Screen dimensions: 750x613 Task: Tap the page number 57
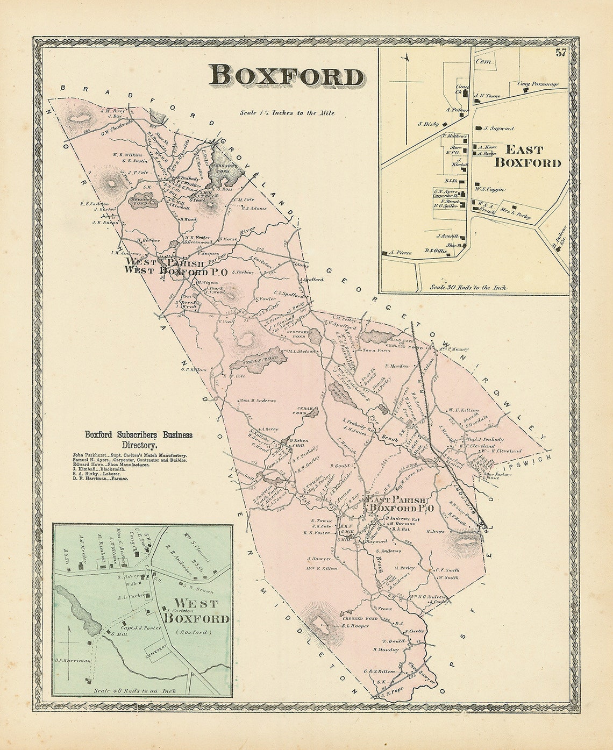[561, 53]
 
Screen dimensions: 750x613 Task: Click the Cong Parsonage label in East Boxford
[538, 84]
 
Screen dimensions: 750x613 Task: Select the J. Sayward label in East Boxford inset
[499, 128]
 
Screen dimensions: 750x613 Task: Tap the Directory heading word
[139, 445]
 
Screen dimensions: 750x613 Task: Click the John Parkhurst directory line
[129, 455]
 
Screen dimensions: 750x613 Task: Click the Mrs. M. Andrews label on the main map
[258, 401]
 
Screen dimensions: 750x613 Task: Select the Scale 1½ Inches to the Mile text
[287, 113]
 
